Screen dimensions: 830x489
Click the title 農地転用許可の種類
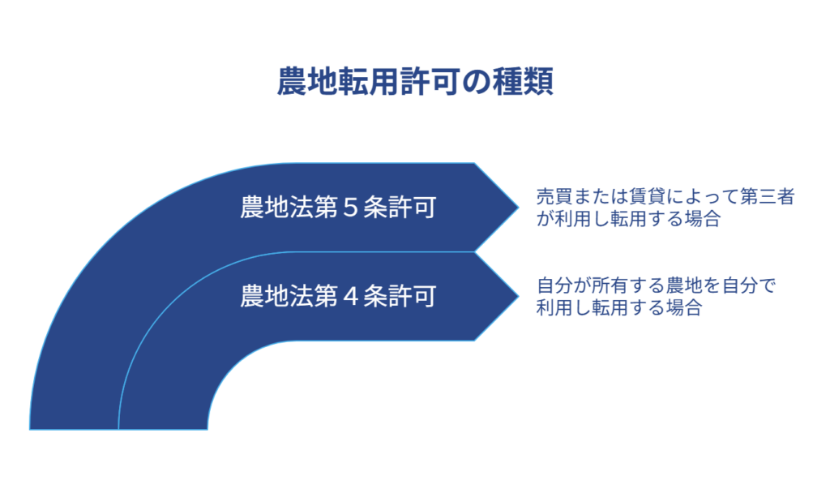tap(415, 82)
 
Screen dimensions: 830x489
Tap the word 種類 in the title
tap(523, 82)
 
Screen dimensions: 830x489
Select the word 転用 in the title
tap(369, 82)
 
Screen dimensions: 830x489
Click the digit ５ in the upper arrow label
tap(351, 207)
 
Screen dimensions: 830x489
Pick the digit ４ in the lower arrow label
tap(351, 296)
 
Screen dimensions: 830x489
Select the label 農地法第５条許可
tap(338, 207)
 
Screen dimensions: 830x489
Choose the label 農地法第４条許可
tap(338, 296)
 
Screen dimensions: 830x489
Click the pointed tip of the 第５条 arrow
tap(518, 207)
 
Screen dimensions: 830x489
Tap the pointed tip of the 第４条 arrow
tap(518, 296)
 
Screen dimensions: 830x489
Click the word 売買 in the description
tap(554, 196)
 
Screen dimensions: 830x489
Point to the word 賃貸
tap(647, 196)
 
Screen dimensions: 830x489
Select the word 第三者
tap(767, 196)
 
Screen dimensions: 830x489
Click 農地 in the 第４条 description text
tap(684, 285)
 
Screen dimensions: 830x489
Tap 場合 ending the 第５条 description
tap(703, 219)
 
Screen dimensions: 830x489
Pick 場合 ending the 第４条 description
tap(684, 308)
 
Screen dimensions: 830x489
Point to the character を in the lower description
tap(712, 286)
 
